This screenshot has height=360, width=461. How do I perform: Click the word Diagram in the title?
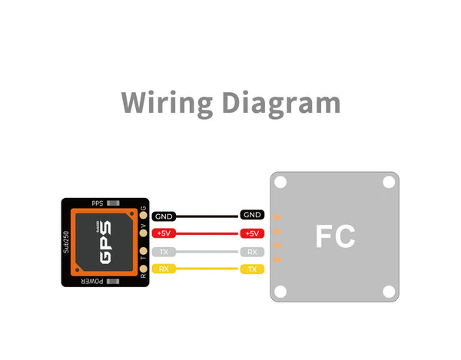coord(279,103)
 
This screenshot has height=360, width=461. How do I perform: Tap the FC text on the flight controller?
coord(335,236)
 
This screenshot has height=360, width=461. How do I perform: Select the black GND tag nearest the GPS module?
coord(164,217)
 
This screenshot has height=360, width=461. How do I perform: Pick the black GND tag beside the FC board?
coord(252,215)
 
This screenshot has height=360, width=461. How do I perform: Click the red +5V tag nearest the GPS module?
coord(164,234)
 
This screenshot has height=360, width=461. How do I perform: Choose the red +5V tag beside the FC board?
coord(252,233)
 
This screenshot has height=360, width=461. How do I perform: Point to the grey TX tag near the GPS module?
coord(164,252)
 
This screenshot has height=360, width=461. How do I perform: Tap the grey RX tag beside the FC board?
coord(252,252)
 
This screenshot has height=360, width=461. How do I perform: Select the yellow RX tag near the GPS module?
coord(164,269)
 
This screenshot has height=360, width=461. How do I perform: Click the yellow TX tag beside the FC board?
coord(252,269)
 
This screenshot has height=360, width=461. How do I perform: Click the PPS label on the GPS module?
coord(98,203)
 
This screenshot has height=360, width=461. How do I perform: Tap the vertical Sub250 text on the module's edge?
coord(67,243)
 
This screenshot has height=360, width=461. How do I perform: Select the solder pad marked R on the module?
coord(144,269)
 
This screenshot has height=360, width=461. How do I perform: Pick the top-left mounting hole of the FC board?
coord(282,183)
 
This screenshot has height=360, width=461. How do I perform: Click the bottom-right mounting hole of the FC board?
coord(389,292)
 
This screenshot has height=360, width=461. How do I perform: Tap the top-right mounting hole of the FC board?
coord(389,183)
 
